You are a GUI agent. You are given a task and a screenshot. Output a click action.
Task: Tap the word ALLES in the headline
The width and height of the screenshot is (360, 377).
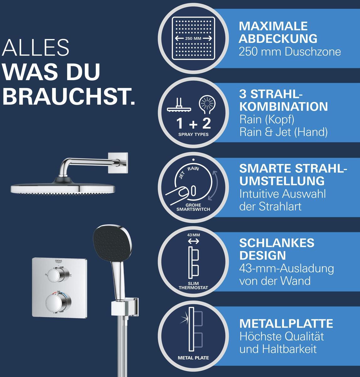point(35,48)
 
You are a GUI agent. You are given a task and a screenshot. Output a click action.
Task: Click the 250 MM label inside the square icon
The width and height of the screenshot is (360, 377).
point(193,38)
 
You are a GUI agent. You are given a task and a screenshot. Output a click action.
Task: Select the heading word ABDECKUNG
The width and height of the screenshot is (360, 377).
point(278,38)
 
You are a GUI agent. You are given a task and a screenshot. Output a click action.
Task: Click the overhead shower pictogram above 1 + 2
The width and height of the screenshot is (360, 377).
point(179,105)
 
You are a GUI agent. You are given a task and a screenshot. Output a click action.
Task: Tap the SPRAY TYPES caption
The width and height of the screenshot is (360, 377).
point(194,134)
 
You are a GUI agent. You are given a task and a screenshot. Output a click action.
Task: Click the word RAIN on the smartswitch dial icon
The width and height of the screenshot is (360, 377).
point(193,168)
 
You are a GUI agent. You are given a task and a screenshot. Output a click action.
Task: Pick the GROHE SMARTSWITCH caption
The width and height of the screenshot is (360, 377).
point(193,207)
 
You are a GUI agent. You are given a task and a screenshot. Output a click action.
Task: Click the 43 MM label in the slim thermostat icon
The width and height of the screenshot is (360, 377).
point(194,235)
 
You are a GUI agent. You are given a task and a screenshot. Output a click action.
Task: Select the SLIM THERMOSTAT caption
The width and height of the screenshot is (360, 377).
point(193,286)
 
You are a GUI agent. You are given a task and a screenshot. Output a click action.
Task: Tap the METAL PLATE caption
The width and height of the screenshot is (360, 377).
point(194,358)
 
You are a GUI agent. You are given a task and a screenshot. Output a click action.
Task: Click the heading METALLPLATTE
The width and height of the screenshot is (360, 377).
point(286,324)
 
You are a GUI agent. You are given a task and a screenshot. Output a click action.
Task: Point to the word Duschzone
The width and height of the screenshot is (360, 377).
point(313,52)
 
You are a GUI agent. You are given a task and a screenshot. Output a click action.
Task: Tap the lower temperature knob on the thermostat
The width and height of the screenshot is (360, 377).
point(58,303)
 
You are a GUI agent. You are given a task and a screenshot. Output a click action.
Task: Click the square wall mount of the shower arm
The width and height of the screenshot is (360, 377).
point(118,163)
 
